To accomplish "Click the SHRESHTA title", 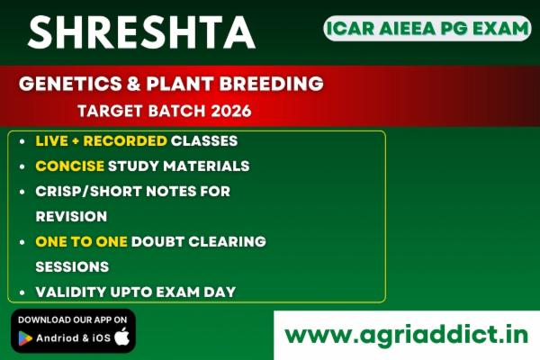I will click(x=140, y=33).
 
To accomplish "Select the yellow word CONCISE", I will click(x=69, y=166).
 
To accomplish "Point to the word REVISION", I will click(x=71, y=216).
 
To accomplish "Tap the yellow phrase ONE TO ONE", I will click(x=81, y=241).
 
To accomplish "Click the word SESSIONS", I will click(x=72, y=266).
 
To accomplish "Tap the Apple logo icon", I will click(x=121, y=337).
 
